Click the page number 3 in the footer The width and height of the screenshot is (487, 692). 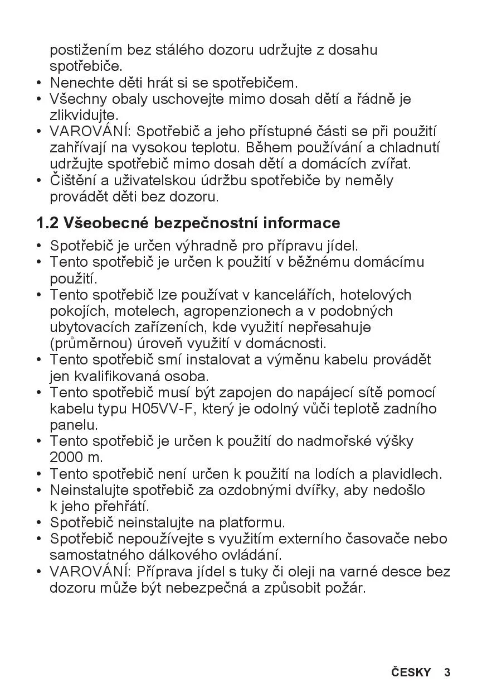(447, 672)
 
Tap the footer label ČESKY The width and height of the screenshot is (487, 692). (411, 672)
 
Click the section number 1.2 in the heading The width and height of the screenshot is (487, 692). (47, 223)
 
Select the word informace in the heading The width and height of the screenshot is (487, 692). (301, 223)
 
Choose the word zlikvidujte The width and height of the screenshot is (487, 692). (84, 116)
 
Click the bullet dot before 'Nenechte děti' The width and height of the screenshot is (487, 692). (39, 84)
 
